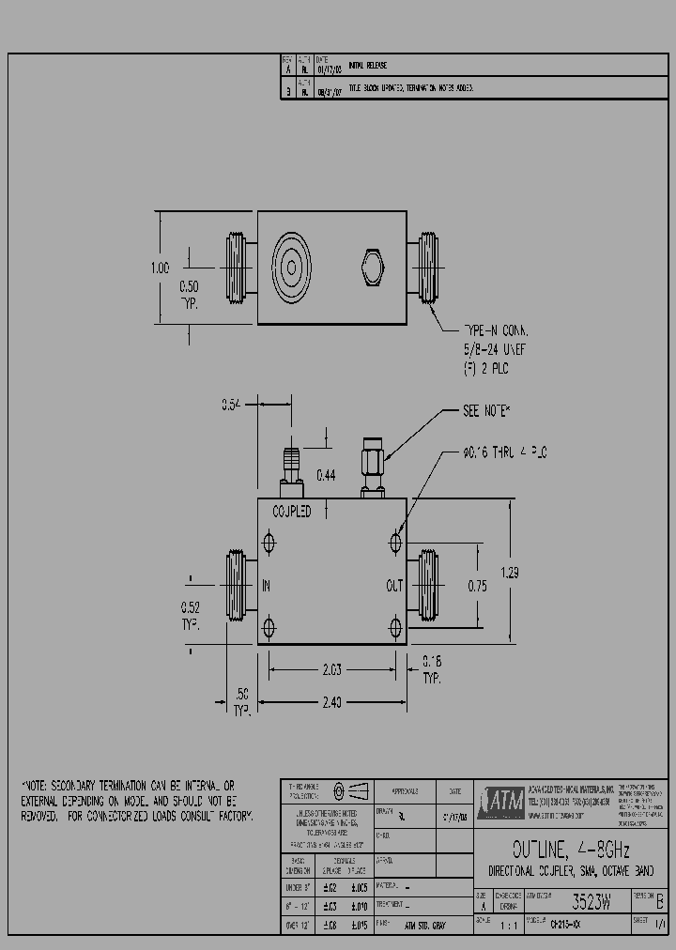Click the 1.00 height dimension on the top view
click(x=160, y=268)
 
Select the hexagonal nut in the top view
click(x=373, y=268)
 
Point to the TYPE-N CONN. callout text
click(x=497, y=331)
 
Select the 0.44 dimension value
click(x=325, y=476)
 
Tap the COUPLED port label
click(x=291, y=512)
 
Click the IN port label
click(x=267, y=586)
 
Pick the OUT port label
click(x=394, y=586)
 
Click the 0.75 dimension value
click(x=477, y=586)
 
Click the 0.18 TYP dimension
click(x=431, y=667)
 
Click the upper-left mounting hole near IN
click(x=270, y=544)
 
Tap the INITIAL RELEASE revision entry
click(x=368, y=66)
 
